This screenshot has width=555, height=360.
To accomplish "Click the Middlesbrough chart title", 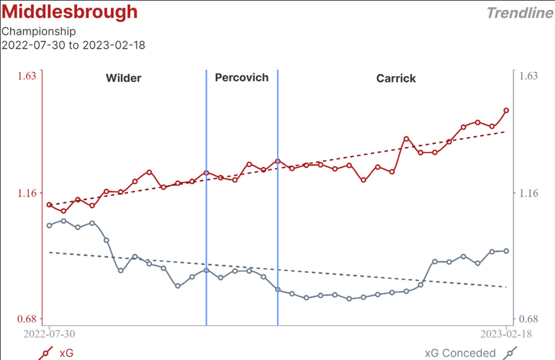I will click(x=69, y=12).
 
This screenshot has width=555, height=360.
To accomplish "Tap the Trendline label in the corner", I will click(x=519, y=13).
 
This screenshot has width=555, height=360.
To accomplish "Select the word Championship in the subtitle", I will click(x=38, y=31).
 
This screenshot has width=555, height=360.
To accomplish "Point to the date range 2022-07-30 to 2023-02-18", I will click(x=73, y=45).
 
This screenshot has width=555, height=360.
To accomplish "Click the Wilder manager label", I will click(x=123, y=78).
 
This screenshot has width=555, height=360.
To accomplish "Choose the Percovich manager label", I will click(x=241, y=77).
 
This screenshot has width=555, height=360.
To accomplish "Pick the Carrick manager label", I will click(x=396, y=78).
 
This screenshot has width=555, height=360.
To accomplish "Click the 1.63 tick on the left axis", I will click(x=27, y=76).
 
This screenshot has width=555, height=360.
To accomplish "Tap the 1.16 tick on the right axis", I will click(x=529, y=193).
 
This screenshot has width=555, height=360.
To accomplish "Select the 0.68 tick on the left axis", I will click(x=27, y=319).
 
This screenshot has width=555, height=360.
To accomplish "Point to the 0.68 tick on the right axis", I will click(x=529, y=319).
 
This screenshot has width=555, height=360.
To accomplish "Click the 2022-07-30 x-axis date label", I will click(x=50, y=333).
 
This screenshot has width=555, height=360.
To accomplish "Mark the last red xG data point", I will click(x=506, y=110).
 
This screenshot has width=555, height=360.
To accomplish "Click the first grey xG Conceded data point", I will click(x=49, y=225).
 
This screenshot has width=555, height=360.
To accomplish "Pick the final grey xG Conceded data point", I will click(x=506, y=251).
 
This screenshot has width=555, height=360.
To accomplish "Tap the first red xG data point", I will click(x=49, y=205).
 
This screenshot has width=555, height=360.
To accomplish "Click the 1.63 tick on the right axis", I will click(x=529, y=76).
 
